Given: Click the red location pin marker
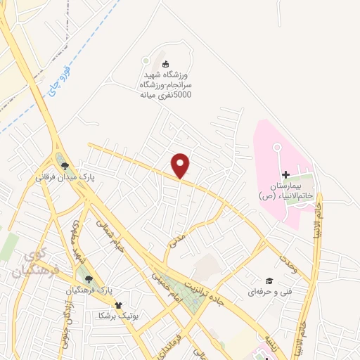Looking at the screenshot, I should [x=181, y=165].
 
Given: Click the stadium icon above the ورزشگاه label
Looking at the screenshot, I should [x=165, y=65].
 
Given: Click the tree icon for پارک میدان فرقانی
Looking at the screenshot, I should [x=65, y=166].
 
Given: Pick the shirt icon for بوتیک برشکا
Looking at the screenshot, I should [x=118, y=305].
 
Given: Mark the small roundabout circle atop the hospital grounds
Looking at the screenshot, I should [x=276, y=148].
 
